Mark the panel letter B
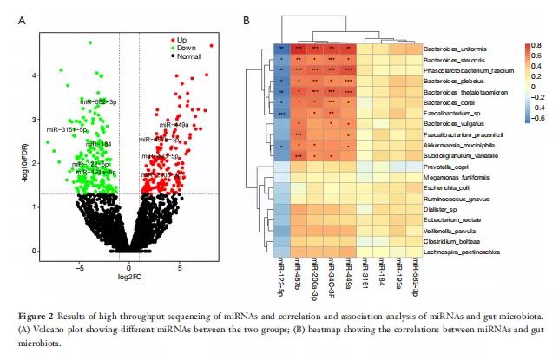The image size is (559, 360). [247, 19]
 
